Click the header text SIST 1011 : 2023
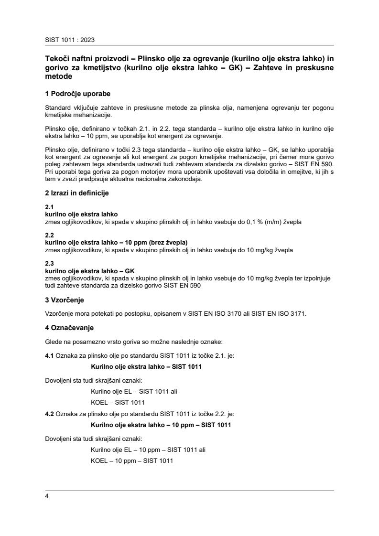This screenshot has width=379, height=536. [x=66, y=41]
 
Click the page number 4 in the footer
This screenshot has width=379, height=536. [x=46, y=496]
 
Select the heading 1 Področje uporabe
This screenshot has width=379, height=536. [x=78, y=94]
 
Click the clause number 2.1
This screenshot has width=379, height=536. [x=49, y=207]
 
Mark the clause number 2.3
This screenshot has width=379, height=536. [x=49, y=264]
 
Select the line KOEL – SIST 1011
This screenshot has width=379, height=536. [x=118, y=402]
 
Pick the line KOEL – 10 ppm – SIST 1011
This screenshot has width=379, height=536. [x=131, y=461]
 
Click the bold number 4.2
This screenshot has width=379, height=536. [x=49, y=414]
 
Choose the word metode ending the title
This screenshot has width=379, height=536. [x=58, y=76]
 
